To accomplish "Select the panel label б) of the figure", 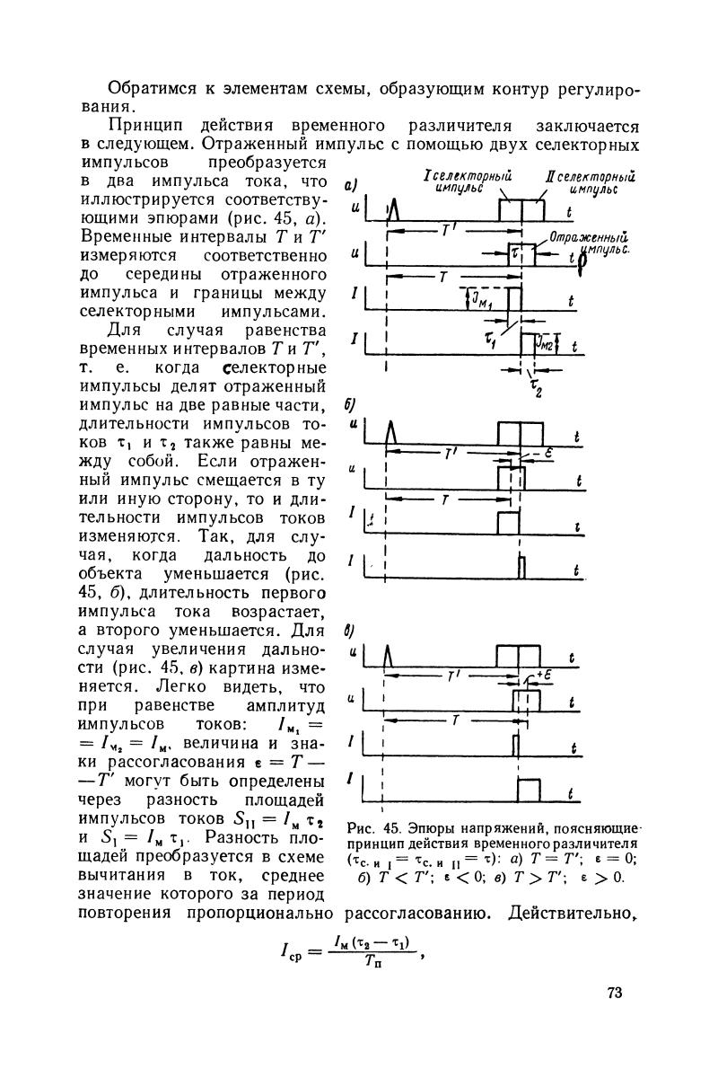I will point(350,404).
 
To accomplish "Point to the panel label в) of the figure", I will point(350,629).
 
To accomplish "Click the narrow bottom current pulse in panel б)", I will point(520,566).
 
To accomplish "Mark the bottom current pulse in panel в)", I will point(530,790).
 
